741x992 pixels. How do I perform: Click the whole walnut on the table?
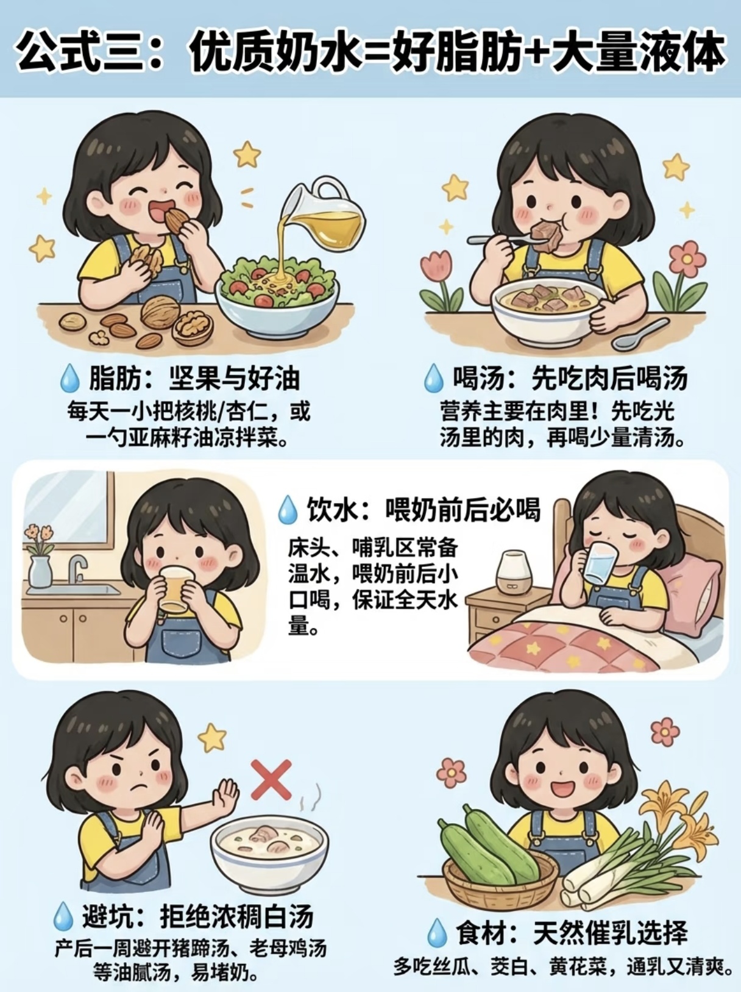click(158, 312)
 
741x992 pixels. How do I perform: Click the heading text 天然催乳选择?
click(610, 932)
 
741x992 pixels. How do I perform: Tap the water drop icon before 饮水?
click(288, 509)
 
